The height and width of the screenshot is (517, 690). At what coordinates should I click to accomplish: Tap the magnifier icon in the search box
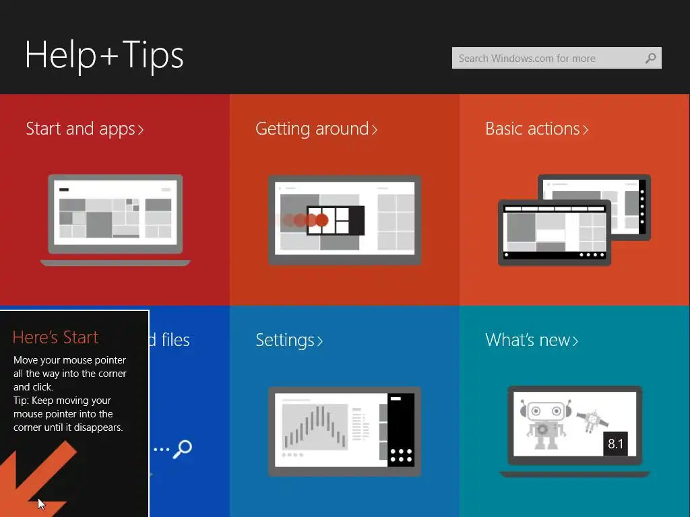650,58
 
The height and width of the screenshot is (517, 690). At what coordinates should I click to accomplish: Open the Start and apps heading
84,129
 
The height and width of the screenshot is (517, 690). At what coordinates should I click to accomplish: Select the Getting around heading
317,129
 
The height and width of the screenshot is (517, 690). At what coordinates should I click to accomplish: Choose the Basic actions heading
536,129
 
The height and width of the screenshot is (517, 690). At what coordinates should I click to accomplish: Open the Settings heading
289,341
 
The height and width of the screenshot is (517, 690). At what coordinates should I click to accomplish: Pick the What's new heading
532,340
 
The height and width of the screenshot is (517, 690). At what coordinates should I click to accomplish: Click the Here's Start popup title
55,337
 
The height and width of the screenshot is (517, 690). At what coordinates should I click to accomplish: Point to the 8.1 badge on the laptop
615,444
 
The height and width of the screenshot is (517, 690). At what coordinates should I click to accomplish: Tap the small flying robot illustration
592,421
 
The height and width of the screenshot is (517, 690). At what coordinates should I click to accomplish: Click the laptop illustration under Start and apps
115,220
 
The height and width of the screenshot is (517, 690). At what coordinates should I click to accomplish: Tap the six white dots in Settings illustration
401,456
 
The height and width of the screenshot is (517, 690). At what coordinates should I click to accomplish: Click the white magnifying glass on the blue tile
182,449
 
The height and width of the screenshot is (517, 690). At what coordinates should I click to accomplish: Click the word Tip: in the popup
21,401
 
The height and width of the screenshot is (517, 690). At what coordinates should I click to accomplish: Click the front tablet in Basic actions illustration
555,232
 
